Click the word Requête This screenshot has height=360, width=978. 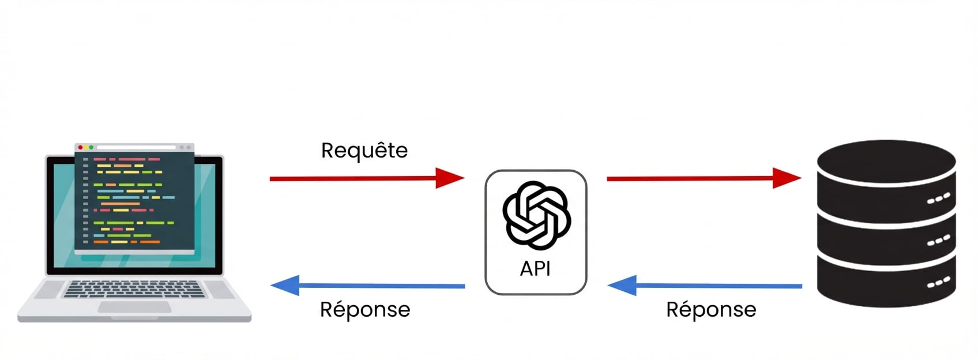[x=364, y=151]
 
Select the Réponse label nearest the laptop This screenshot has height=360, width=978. [x=364, y=310]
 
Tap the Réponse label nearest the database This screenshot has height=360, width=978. [x=710, y=310]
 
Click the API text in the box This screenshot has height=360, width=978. [x=535, y=269]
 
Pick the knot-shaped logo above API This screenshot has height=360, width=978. [x=536, y=215]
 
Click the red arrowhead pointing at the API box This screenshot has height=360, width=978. [x=449, y=178]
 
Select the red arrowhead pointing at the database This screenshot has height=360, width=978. [x=787, y=178]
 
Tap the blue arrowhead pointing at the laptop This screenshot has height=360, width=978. [x=286, y=285]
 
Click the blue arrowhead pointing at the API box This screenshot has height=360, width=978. [x=623, y=285]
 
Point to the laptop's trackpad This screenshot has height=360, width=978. [x=134, y=307]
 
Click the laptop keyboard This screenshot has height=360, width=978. [x=134, y=288]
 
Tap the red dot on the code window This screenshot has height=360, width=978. [x=81, y=148]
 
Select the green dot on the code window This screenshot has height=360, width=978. [x=91, y=148]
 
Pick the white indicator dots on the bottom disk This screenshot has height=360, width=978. [x=938, y=283]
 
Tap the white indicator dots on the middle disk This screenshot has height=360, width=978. [x=938, y=241]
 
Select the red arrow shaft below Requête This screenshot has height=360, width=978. [x=352, y=178]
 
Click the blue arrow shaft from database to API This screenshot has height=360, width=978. [x=718, y=286]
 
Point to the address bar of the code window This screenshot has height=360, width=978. [x=136, y=148]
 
